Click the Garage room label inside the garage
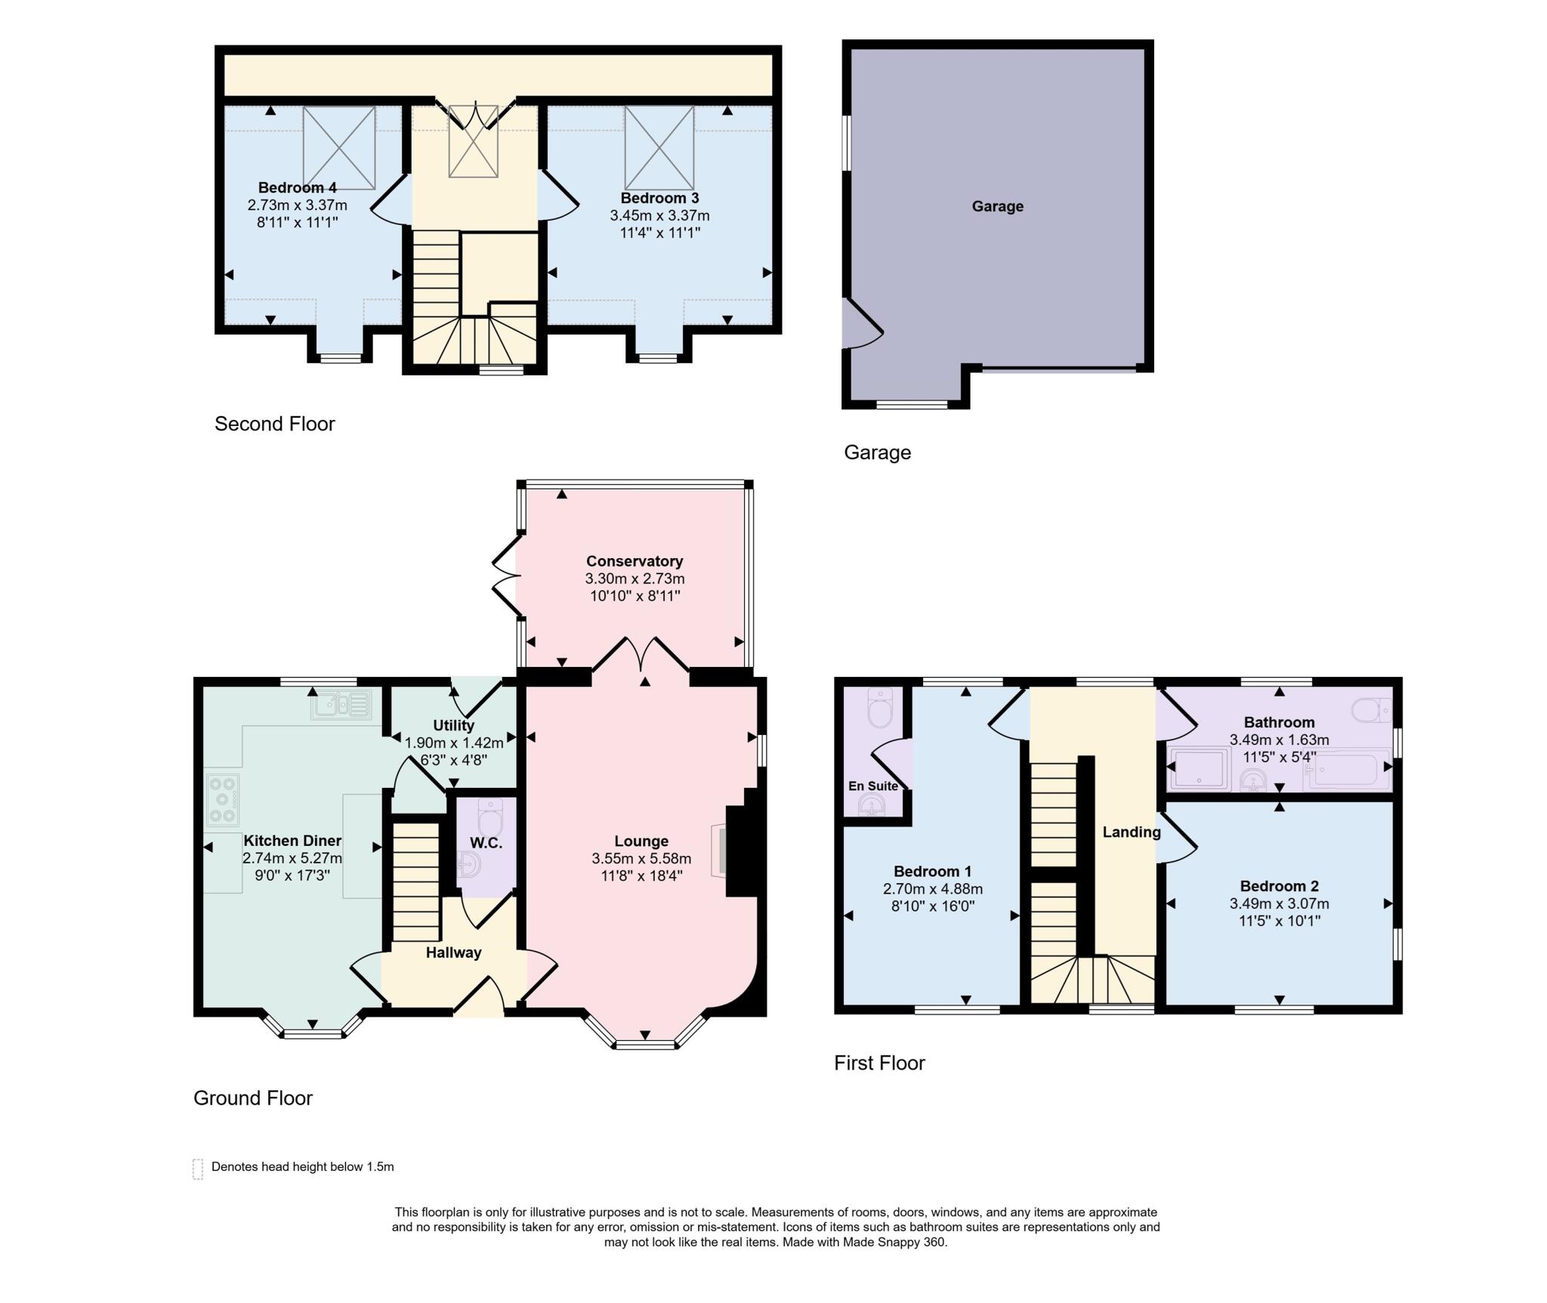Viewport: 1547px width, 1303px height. (997, 206)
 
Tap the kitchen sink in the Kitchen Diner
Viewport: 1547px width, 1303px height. (341, 705)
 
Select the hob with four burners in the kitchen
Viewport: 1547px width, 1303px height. (223, 799)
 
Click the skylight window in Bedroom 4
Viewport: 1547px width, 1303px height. (339, 147)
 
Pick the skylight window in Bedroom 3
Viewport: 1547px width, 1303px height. (659, 147)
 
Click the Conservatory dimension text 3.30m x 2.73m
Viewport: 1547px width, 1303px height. (635, 579)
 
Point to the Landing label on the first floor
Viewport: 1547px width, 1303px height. (1131, 832)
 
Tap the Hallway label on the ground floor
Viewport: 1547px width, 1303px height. (453, 953)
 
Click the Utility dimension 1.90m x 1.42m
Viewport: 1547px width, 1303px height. (453, 743)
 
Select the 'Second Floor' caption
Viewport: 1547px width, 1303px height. (274, 424)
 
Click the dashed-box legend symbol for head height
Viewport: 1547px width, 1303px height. (198, 1169)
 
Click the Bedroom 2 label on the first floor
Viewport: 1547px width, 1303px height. (1279, 886)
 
